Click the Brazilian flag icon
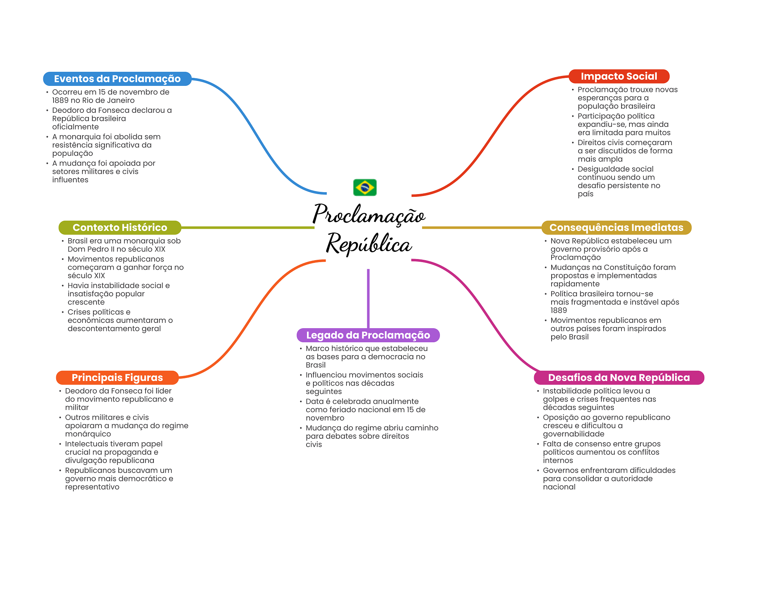pos(365,187)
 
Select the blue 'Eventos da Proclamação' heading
pos(117,79)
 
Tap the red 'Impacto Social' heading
pos(619,76)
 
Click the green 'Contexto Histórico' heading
pos(120,228)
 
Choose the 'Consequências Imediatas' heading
pos(616,228)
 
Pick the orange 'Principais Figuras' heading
pos(117,378)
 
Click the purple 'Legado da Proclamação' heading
pos(368,335)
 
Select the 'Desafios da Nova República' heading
pos(619,378)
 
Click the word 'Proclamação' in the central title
pos(369,215)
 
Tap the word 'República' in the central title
pos(369,243)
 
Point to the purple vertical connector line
pos(368,299)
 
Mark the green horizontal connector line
pos(248,228)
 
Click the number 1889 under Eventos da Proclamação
pos(60,100)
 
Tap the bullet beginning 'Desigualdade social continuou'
pos(619,182)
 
